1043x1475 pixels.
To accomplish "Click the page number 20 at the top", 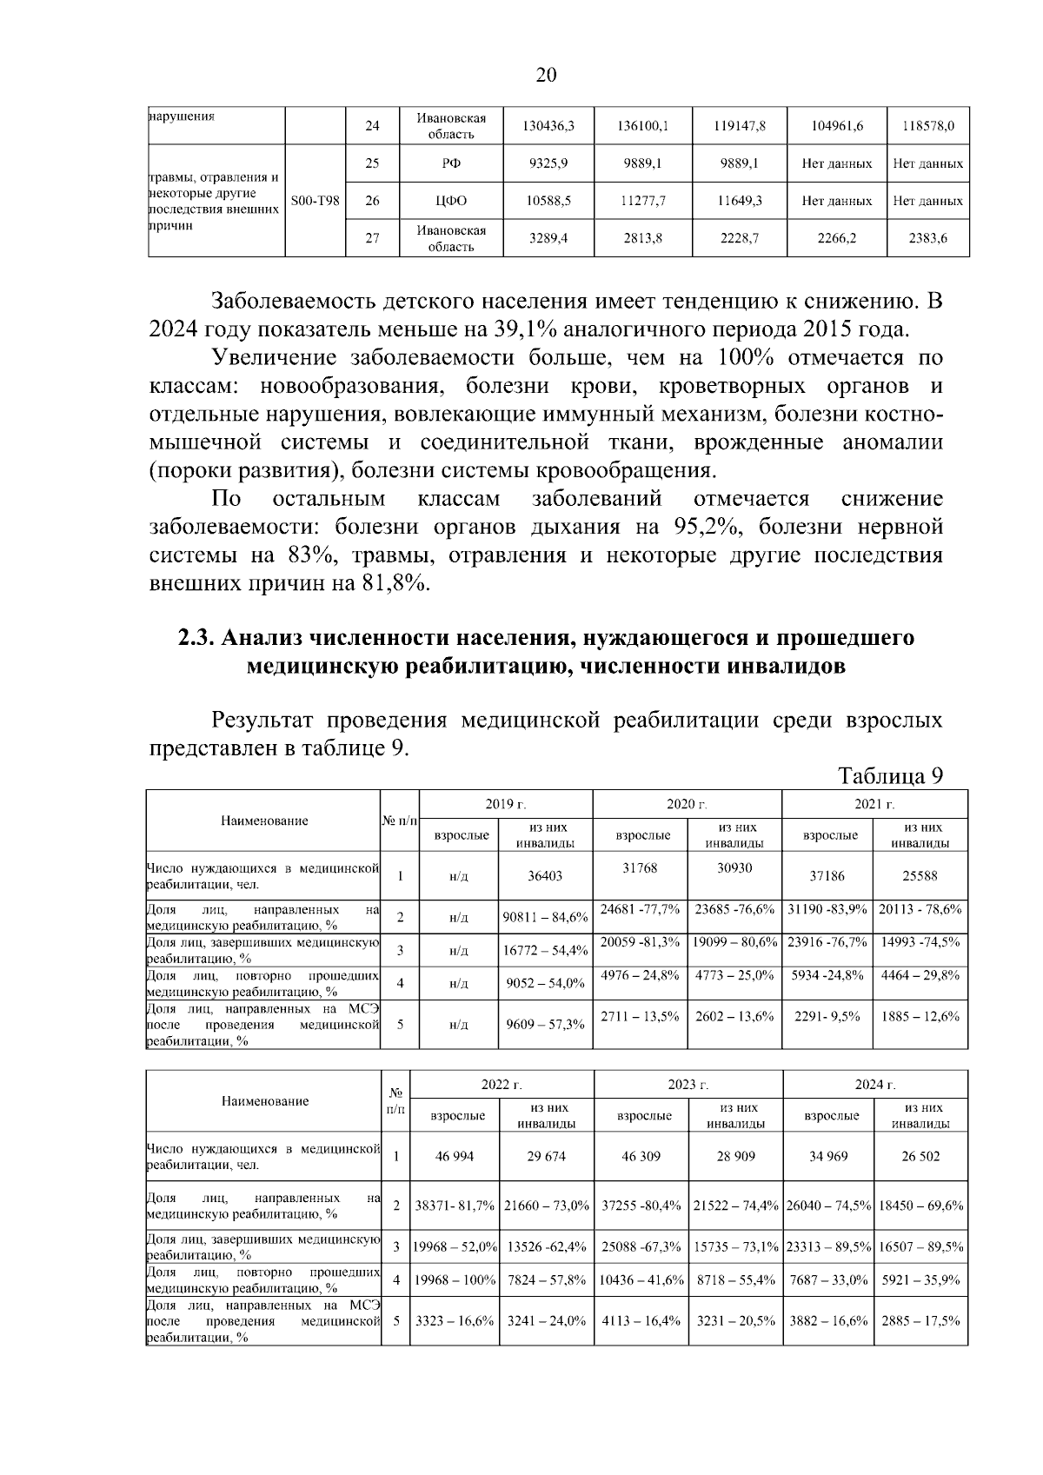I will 546,76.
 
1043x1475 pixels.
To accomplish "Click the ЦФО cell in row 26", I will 451,201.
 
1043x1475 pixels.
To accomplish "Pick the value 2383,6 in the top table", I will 927,238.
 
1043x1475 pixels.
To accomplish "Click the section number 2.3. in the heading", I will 197,638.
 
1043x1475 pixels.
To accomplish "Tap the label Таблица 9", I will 890,775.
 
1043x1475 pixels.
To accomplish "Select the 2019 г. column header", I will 506,804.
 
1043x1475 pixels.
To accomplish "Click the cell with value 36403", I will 545,876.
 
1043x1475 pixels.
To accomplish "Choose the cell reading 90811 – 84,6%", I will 547,916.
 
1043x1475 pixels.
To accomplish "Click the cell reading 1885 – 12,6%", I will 920,1015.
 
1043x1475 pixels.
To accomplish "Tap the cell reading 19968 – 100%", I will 455,1279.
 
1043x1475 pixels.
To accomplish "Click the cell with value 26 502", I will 920,1156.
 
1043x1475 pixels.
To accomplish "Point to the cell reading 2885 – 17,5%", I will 920,1320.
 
